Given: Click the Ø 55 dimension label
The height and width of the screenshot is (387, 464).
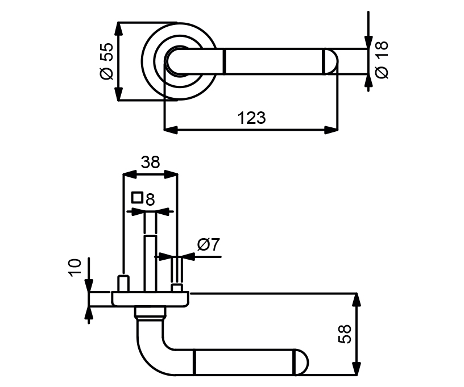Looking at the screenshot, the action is pos(107,61).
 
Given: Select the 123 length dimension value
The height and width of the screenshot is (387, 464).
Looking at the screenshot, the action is pos(252,118).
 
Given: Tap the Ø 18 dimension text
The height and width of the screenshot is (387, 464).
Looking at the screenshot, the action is pos(382,60).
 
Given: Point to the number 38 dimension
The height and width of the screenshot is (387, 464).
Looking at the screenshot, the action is pos(150,163).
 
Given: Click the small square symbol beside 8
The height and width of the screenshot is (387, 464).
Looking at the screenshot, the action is pos(137,197).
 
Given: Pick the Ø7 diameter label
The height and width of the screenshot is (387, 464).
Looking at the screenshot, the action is pos(209,245).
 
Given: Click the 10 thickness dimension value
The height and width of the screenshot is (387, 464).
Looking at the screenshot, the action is pos(75,268).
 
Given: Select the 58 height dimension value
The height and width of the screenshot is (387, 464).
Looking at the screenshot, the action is pos(345,334).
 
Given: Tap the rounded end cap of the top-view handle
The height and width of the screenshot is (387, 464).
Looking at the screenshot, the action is pos(332,61).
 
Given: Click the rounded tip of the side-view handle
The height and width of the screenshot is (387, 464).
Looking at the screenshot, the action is pos(301,363).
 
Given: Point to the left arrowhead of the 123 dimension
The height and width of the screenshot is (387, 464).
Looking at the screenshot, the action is pos(171,130).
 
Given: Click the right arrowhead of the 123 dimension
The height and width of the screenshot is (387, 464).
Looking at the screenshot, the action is pos(331,130).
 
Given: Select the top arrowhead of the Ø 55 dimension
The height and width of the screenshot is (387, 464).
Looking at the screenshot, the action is pos(118,30).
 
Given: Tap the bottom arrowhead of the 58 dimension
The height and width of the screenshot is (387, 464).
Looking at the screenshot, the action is pos(357,368).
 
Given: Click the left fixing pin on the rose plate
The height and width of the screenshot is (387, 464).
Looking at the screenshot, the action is pos(123,283).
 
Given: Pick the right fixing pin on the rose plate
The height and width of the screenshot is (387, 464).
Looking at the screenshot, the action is pos(177,288).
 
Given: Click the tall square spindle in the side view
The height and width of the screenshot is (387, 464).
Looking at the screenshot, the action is pos(150,264).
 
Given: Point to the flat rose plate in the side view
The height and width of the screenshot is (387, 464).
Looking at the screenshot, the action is pos(150,299).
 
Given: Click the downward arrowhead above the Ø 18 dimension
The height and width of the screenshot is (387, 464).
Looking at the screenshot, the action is pos(368,41).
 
